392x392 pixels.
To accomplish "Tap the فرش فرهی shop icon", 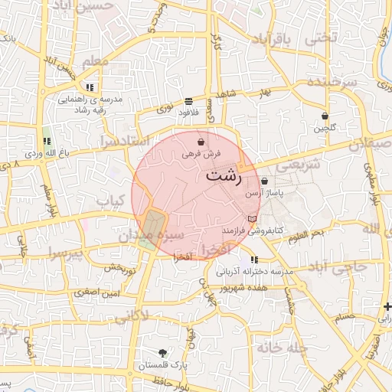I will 201,142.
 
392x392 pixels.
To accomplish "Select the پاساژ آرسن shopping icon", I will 265,181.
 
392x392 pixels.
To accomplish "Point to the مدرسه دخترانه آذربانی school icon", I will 254,260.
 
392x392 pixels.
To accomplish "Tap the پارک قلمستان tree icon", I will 162,353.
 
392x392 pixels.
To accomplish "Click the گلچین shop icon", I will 325,116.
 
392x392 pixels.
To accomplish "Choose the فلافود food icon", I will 188,101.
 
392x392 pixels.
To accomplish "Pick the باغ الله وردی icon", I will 47,141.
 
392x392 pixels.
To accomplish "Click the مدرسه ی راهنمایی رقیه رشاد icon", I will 90,87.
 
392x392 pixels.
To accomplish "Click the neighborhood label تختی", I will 321,36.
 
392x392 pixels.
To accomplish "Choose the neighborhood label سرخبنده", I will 332,82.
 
